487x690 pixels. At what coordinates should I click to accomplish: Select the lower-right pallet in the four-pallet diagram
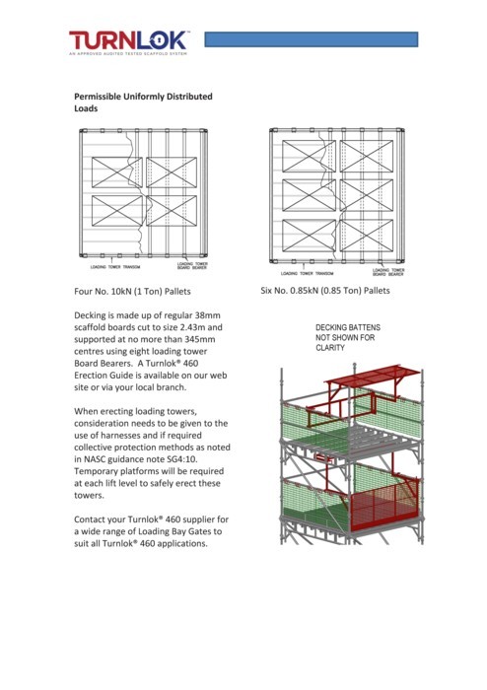(171, 210)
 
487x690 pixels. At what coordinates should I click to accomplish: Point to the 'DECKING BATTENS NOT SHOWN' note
(345, 337)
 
